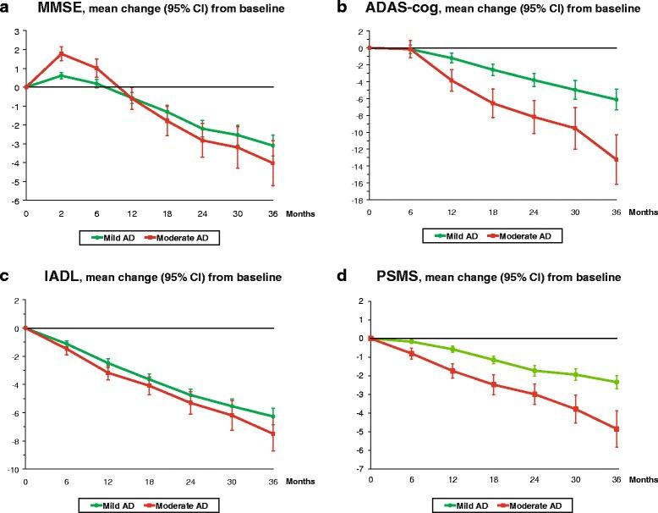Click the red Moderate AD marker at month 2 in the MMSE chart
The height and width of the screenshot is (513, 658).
61,53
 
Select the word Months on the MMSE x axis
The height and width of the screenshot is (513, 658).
303,215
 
